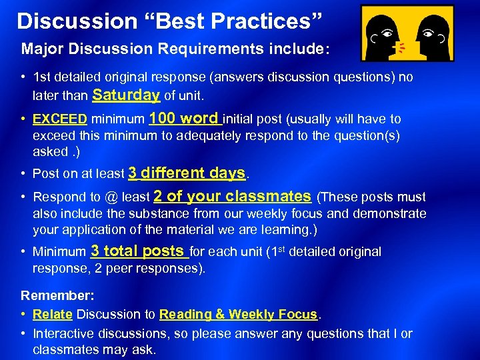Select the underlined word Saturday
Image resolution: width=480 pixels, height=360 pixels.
tap(126, 95)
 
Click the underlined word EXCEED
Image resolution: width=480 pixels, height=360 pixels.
tap(60, 119)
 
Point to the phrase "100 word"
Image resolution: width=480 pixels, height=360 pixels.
tap(184, 119)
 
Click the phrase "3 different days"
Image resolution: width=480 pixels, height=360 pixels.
tap(187, 173)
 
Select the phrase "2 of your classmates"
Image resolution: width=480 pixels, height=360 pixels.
tap(232, 197)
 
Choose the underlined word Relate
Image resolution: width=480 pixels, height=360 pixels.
tap(52, 315)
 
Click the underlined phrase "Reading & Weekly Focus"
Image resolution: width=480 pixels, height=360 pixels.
tap(239, 315)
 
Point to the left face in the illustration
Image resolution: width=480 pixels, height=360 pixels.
tap(384, 33)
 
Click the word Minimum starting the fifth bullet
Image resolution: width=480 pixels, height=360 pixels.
tap(59, 252)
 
